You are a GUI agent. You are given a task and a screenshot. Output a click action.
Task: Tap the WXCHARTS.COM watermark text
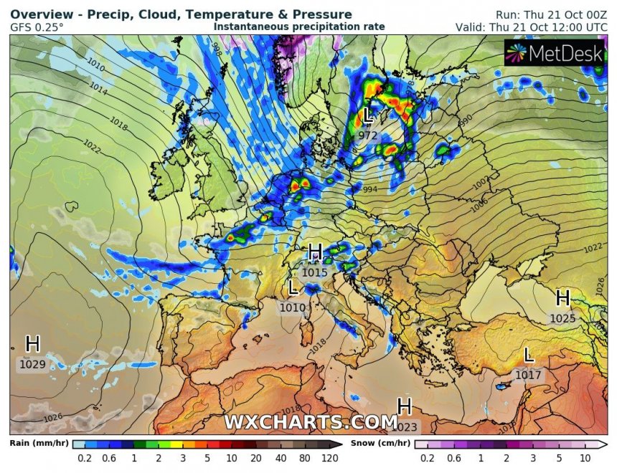point(310,422)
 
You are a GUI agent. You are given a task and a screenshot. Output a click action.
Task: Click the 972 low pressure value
point(367,135)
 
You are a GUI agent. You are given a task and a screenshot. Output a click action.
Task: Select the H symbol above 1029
point(33,344)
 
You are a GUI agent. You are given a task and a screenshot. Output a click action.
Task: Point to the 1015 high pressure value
point(315,272)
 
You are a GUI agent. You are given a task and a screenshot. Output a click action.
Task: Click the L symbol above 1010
point(293,288)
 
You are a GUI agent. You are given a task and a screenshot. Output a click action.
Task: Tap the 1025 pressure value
point(562,318)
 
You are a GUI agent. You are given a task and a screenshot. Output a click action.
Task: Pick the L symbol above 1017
point(529,355)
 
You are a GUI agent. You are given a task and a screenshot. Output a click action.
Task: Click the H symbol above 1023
point(405,407)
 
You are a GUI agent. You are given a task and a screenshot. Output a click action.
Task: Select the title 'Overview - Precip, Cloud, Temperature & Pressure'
point(181,14)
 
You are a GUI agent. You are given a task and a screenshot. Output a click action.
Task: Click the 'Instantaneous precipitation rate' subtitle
point(299,27)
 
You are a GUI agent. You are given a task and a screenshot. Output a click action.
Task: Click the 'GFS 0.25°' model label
point(37,27)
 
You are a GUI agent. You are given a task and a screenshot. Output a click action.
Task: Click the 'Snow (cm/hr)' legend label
point(380,443)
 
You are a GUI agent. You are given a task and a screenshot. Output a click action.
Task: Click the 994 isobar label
point(369,189)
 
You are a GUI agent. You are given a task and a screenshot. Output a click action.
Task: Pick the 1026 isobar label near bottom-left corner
point(52,418)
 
